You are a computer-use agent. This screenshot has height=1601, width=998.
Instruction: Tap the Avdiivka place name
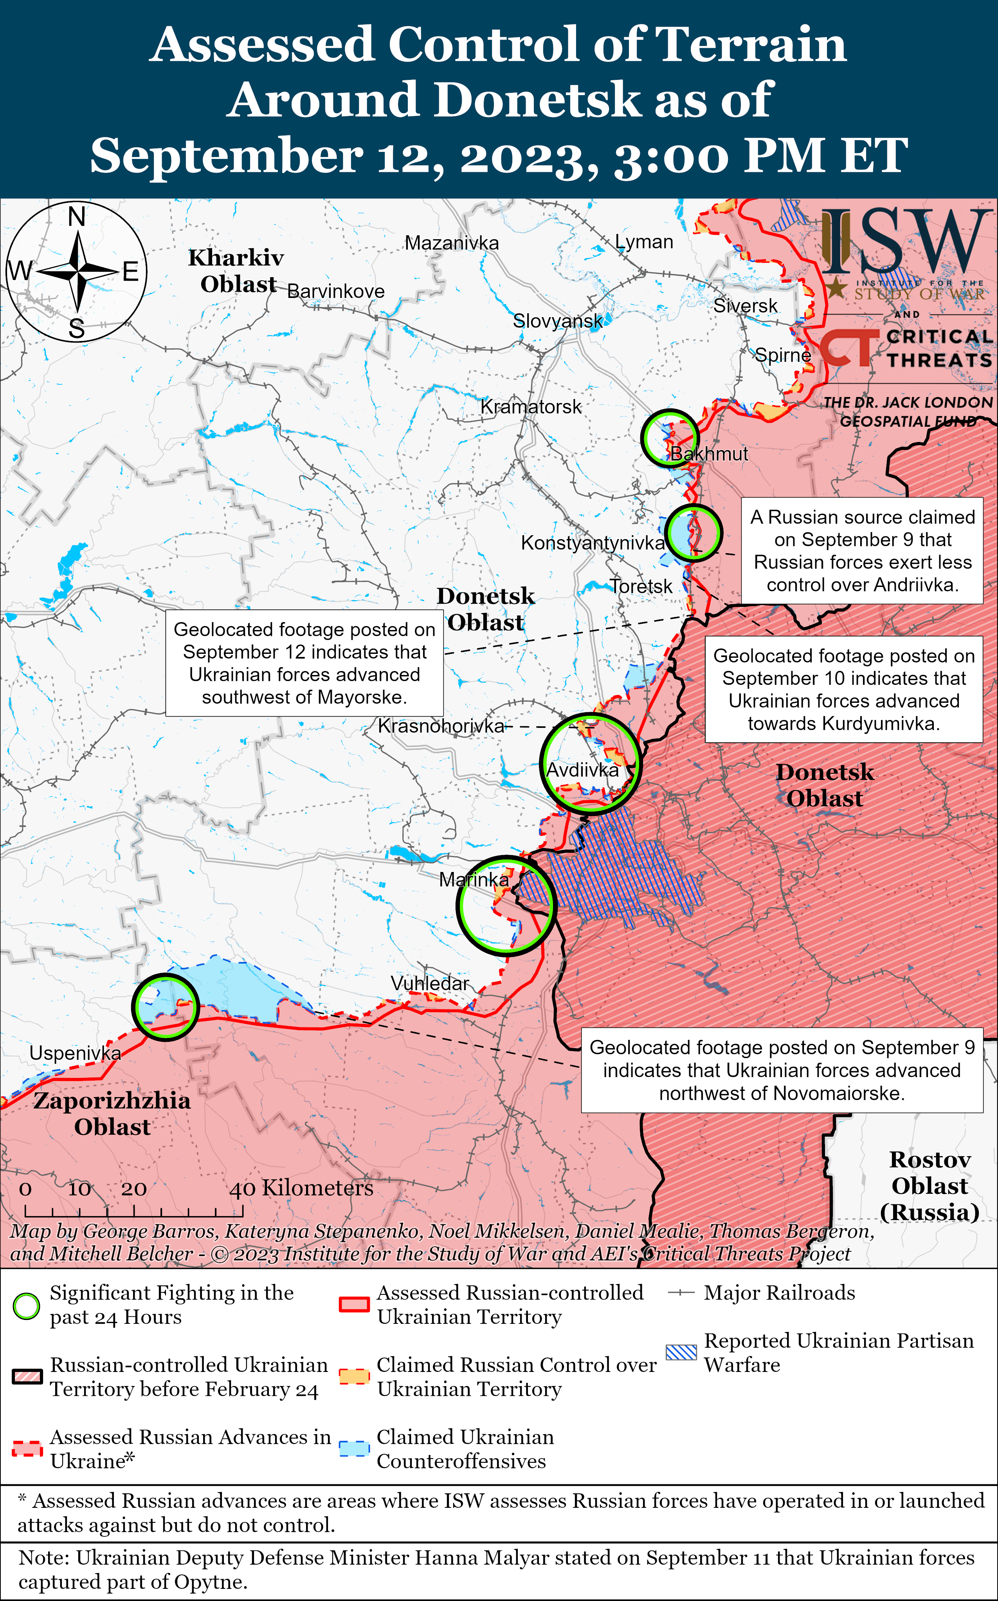coord(582,770)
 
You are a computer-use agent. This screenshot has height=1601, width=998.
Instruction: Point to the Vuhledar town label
coord(430,983)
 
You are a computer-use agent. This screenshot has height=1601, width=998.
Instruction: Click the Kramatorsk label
coord(531,407)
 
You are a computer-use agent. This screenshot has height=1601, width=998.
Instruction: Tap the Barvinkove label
coord(335,291)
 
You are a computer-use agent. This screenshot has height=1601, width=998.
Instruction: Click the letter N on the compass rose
coord(77,216)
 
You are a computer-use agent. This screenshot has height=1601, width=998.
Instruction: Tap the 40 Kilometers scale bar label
coord(301,1188)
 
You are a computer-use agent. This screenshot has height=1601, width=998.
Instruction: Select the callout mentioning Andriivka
coord(862,551)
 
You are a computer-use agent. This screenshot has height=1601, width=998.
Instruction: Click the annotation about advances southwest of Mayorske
coord(304,663)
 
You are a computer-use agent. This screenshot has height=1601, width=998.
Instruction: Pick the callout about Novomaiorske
coord(782,1070)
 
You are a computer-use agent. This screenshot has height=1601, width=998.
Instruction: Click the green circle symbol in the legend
coord(26,1306)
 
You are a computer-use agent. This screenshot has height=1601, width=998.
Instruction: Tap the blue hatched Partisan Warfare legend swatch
coord(681,1352)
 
